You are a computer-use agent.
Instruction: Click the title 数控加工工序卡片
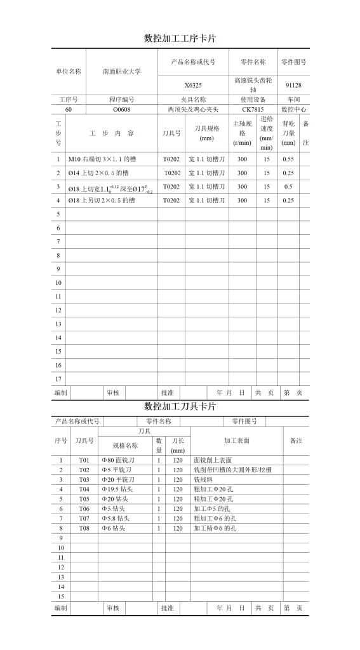point(180,38)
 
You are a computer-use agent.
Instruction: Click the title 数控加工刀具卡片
point(180,406)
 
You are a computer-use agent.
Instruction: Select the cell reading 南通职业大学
point(122,72)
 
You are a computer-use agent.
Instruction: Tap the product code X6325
point(193,85)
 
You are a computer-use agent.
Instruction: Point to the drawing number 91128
point(293,85)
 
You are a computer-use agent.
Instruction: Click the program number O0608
point(122,109)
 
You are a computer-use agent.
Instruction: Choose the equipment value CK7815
point(253,109)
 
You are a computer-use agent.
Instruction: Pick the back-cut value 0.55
point(288,159)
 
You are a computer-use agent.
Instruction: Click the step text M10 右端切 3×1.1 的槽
point(102,159)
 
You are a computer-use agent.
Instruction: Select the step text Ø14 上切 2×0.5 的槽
point(98,173)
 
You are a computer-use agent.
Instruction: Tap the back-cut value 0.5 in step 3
point(288,187)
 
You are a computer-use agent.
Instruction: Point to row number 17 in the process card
point(58,379)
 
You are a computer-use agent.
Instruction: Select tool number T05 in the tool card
point(84,499)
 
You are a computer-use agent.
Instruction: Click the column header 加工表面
point(237,441)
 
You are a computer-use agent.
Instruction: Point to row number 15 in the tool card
point(62,597)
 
